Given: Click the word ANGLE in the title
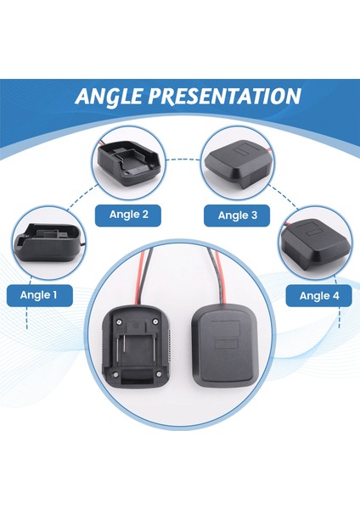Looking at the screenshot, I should coord(116,96).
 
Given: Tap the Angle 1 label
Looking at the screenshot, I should coord(39,295).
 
